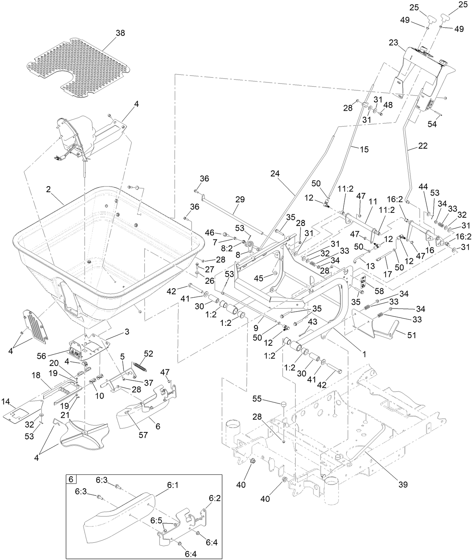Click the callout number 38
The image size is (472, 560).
[120, 33]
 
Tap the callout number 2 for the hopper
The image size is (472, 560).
[48, 190]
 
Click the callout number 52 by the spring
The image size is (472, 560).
[149, 354]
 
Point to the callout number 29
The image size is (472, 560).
[240, 199]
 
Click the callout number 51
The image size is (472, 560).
[412, 335]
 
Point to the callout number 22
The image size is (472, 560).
[423, 146]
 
